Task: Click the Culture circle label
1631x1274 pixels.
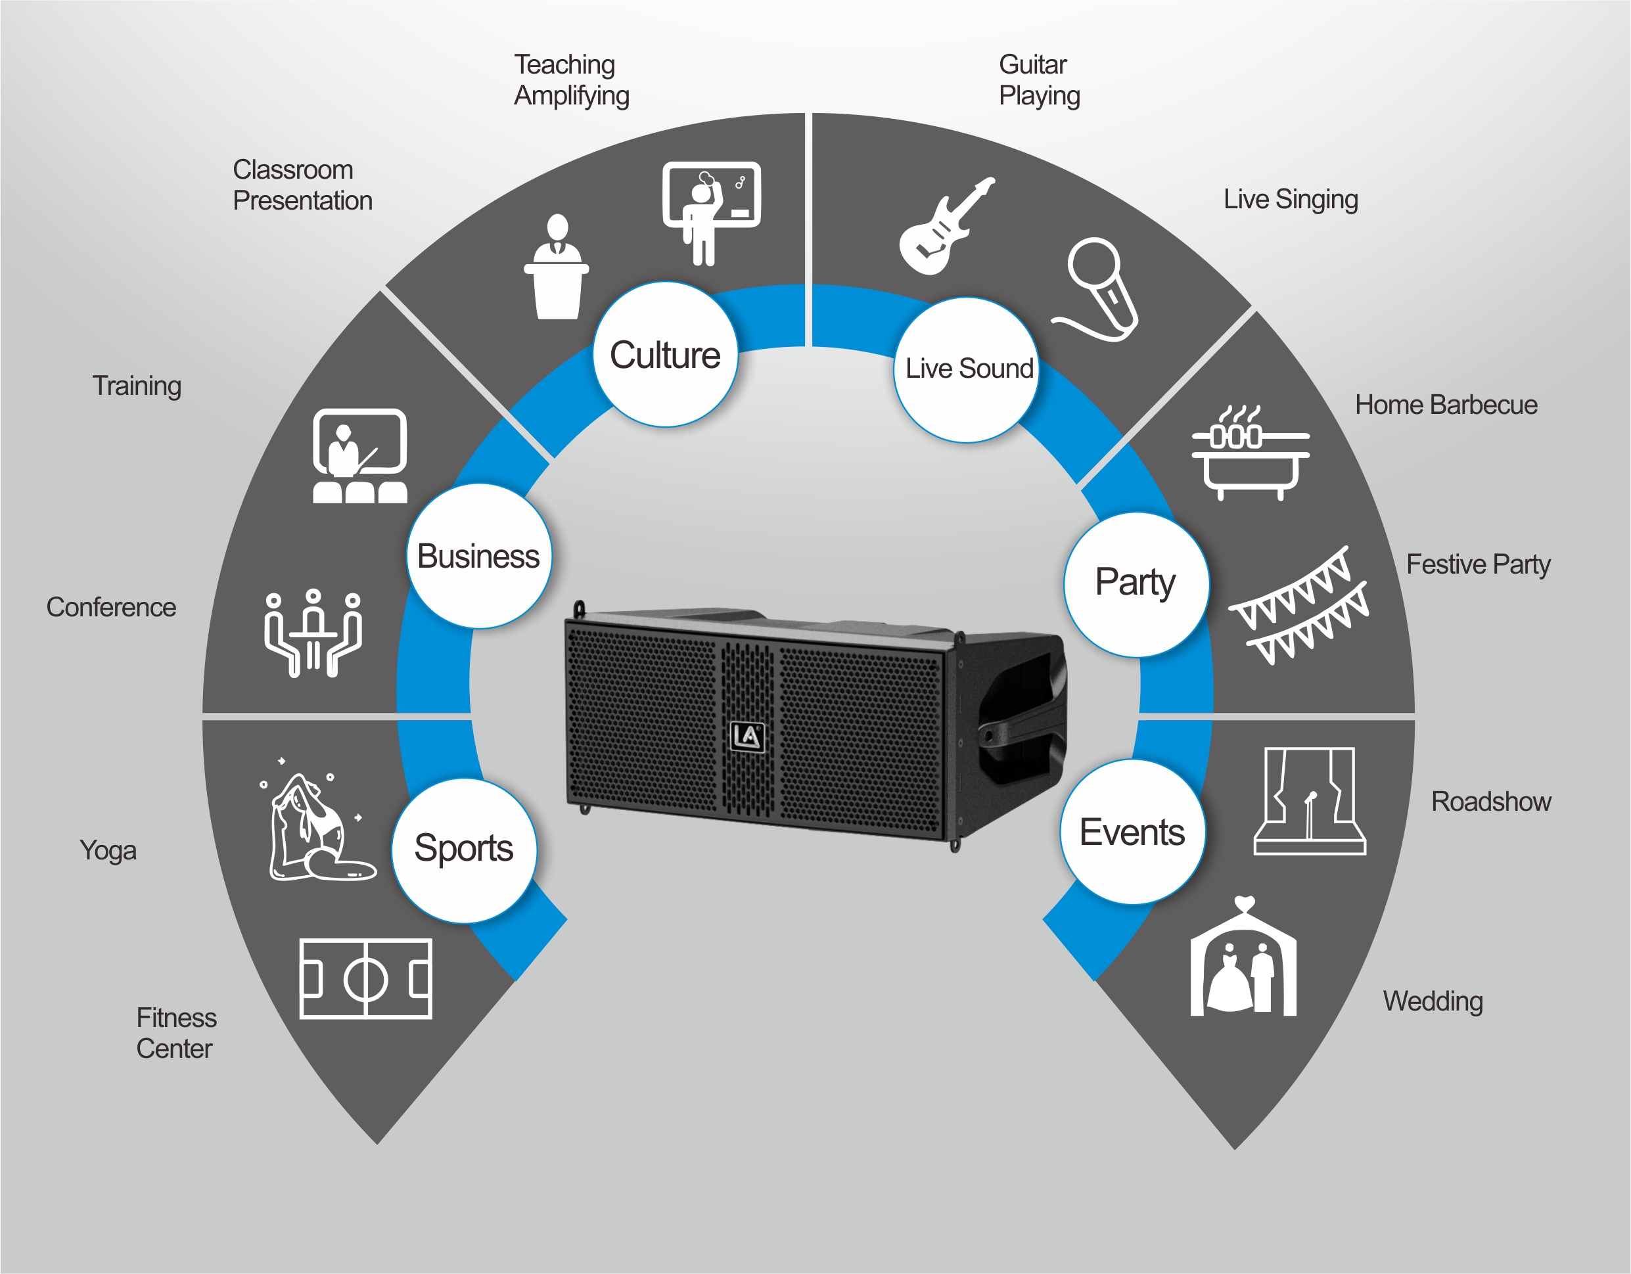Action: coord(666,355)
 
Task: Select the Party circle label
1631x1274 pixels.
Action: coord(1136,584)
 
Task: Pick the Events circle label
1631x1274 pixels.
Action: coord(1133,832)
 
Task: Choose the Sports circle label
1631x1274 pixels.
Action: coord(464,850)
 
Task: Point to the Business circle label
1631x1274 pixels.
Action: coord(478,557)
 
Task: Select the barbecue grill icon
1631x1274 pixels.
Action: coord(1250,453)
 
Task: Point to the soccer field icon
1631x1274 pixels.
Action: coord(366,978)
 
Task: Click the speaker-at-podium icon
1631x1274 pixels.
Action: coord(557,267)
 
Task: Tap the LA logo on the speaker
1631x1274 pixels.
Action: coord(747,737)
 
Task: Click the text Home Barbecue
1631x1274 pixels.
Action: coord(1446,405)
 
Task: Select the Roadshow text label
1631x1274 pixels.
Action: coord(1490,802)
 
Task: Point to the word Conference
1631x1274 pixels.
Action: coord(111,607)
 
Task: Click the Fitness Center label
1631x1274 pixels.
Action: coord(176,1034)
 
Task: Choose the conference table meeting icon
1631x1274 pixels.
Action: coord(313,633)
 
